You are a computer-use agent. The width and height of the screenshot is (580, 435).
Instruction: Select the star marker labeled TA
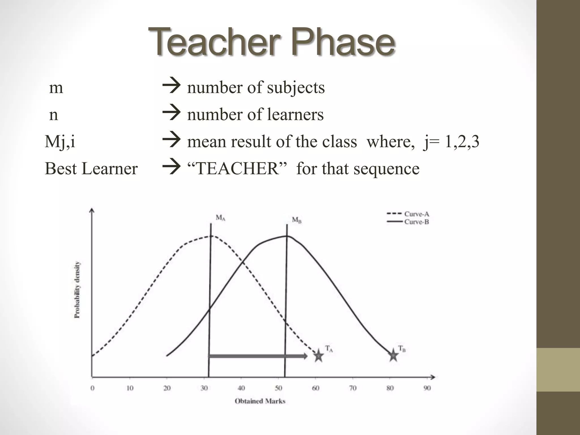[319, 356]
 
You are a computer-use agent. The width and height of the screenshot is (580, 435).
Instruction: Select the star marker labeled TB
[393, 355]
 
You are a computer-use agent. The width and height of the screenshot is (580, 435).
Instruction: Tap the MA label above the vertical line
[221, 218]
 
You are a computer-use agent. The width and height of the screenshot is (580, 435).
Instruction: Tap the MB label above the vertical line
[297, 220]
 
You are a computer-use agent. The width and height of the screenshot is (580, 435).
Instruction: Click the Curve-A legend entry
[416, 214]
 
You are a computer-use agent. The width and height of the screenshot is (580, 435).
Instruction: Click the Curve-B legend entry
[416, 222]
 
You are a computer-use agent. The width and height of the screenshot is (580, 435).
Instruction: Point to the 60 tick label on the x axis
[315, 388]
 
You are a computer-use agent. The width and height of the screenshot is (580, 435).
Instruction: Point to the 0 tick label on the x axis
[92, 388]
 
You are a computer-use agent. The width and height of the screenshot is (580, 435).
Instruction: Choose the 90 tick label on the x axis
[427, 388]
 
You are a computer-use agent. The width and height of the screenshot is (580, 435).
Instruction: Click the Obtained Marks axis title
[260, 401]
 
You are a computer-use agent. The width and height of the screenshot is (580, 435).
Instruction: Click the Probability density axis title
[77, 290]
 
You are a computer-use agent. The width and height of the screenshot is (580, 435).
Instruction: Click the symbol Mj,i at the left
[60, 142]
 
